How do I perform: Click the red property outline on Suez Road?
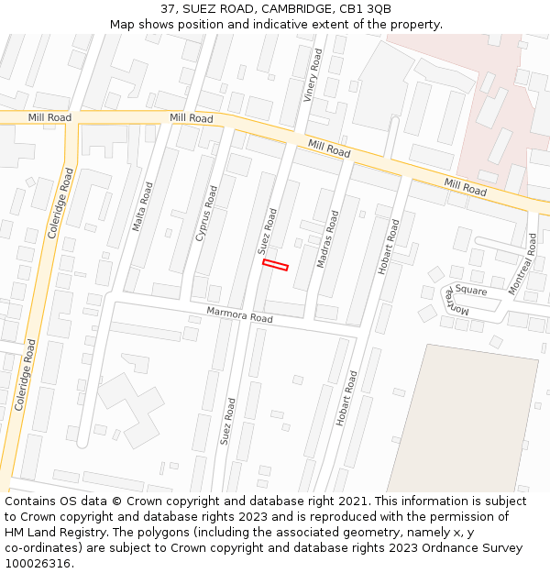tap(275, 265)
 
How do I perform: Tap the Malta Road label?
tap(143, 206)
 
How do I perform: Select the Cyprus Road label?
tap(206, 214)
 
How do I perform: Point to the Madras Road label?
tap(327, 239)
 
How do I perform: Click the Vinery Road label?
tap(313, 75)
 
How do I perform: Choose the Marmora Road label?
tap(239, 314)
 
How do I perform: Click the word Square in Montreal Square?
tap(471, 291)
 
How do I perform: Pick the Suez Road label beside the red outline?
tap(267, 231)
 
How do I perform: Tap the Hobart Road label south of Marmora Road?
tap(347, 398)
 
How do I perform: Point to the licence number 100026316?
tap(37, 564)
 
